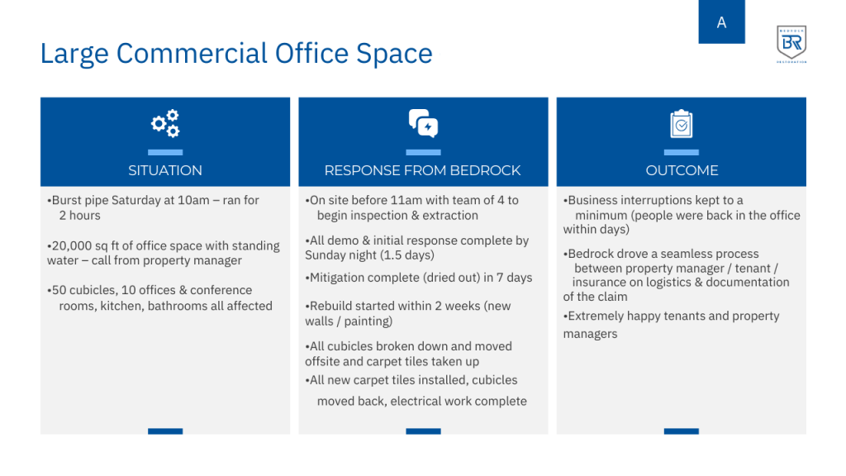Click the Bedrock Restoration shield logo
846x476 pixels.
pos(791,43)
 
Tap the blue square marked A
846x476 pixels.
pos(721,21)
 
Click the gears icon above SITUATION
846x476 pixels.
pos(165,124)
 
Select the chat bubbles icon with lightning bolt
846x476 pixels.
pos(424,124)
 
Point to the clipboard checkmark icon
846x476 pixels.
pos(682,124)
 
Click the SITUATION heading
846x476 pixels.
pos(165,170)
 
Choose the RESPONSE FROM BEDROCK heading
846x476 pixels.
pos(422,170)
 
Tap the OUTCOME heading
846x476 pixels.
pos(682,170)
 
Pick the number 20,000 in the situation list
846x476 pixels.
pos(72,246)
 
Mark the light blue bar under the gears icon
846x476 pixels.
pos(165,152)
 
